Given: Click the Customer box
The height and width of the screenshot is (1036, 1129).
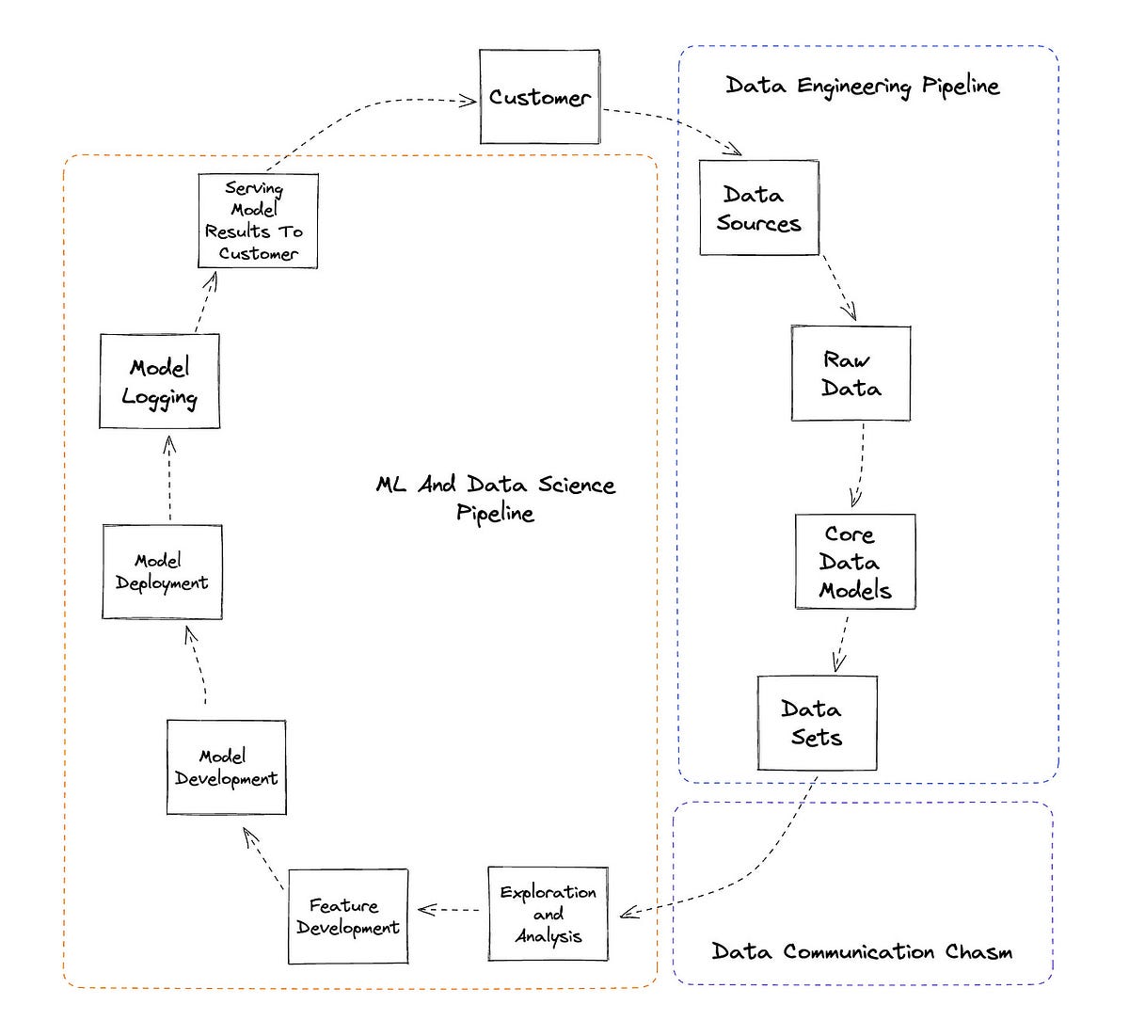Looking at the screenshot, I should pos(539,97).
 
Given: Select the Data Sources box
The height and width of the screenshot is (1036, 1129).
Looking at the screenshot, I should pos(758,208).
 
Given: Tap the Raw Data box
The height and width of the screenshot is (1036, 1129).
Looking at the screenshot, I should pos(851,374).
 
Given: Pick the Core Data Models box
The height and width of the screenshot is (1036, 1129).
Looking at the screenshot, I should pos(854,562).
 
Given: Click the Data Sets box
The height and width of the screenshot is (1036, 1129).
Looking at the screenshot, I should pos(817,723).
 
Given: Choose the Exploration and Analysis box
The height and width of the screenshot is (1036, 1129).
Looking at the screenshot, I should pos(548,914).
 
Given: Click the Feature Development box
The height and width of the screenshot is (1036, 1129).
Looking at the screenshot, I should pos(347,916).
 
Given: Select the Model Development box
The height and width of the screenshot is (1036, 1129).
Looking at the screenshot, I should pos(226,768).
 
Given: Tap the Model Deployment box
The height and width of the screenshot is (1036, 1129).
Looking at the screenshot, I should pos(162,572).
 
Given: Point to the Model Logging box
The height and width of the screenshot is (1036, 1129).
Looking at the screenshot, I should pos(159,381).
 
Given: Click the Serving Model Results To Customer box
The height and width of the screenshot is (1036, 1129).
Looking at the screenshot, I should pos(258,221).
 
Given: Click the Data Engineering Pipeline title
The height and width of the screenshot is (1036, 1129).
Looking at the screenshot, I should pos(862,86).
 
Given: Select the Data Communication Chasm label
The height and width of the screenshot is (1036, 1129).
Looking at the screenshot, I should pos(862,951).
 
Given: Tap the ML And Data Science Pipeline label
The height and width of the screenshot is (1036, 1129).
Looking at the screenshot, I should pos(496,498).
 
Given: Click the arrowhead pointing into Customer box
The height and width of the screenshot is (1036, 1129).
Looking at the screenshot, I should pos(469,100).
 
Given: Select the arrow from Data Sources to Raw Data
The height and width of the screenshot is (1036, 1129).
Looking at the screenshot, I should pos(840,289).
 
